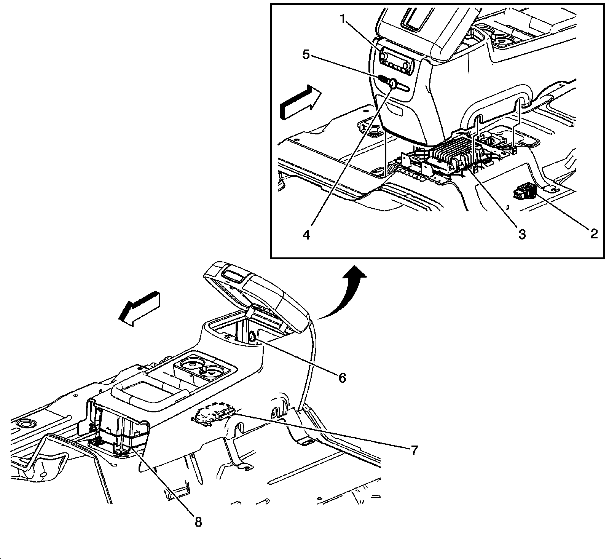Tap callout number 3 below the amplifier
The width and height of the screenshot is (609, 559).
coord(522,234)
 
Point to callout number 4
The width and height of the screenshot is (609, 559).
coord(306,235)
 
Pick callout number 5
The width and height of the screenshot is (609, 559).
coord(306,54)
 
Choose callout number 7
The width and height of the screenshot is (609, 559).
coord(414,450)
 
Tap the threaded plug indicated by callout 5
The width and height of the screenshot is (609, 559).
coord(384,80)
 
